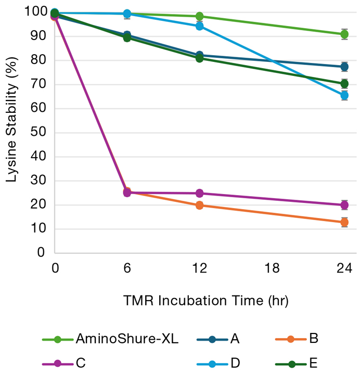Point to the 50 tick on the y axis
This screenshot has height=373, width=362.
(x=41, y=133)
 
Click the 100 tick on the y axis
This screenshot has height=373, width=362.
(x=38, y=12)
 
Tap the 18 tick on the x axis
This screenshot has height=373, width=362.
(x=272, y=268)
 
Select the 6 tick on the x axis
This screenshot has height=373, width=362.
(x=127, y=268)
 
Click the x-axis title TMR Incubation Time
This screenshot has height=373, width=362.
(x=205, y=301)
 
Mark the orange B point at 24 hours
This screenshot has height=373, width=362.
(x=344, y=222)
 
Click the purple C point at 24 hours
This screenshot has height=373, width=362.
(x=344, y=205)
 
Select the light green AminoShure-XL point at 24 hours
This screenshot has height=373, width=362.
(x=344, y=34)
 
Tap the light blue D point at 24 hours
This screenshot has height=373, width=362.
(x=344, y=95)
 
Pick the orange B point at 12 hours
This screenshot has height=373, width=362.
(x=200, y=205)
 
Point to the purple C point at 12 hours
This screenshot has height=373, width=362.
(x=200, y=194)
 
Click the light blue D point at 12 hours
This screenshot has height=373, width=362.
(x=200, y=26)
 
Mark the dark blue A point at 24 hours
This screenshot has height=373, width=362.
(x=344, y=67)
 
